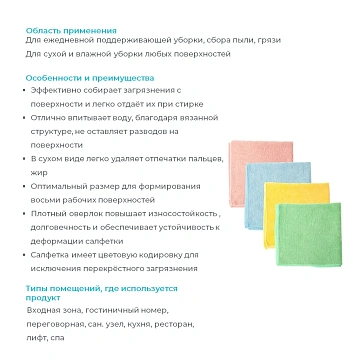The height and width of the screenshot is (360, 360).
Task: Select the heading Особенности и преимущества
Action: pyautogui.click(x=75, y=76)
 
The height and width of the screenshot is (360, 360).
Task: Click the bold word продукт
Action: pyautogui.click(x=43, y=297)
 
